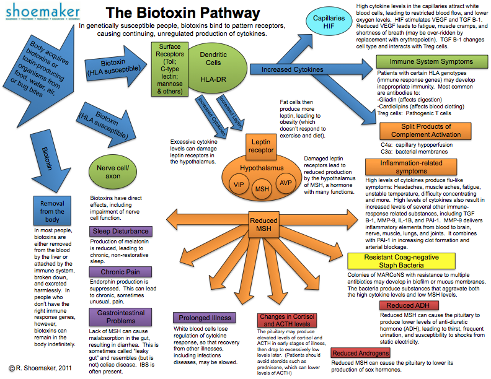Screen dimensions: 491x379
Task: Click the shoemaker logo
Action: click(43, 12)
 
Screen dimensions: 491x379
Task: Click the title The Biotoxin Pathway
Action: click(183, 13)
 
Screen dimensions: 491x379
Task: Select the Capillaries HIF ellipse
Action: click(329, 22)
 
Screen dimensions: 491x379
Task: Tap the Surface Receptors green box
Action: click(170, 69)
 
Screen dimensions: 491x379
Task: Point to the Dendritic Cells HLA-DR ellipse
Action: click(217, 68)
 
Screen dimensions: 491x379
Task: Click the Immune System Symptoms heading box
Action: click(432, 61)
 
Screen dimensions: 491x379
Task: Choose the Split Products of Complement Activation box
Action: click(425, 131)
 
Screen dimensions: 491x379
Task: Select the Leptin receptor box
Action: click(261, 146)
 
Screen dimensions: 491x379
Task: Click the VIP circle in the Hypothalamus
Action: click(239, 185)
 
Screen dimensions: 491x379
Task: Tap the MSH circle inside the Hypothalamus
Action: click(262, 189)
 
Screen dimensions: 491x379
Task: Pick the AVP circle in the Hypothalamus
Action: click(286, 183)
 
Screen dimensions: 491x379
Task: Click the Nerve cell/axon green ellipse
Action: click(113, 172)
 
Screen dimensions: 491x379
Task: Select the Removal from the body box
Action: click(52, 211)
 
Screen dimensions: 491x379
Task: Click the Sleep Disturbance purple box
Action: click(120, 231)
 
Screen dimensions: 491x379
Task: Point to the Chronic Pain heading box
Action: click(120, 272)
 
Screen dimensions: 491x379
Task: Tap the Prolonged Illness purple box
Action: click(205, 318)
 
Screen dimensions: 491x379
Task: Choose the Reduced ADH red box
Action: click(409, 305)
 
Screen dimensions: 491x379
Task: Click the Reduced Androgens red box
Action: click(360, 353)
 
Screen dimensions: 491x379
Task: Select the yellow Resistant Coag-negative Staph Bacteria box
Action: click(401, 261)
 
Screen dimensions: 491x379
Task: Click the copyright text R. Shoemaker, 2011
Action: click(40, 368)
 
